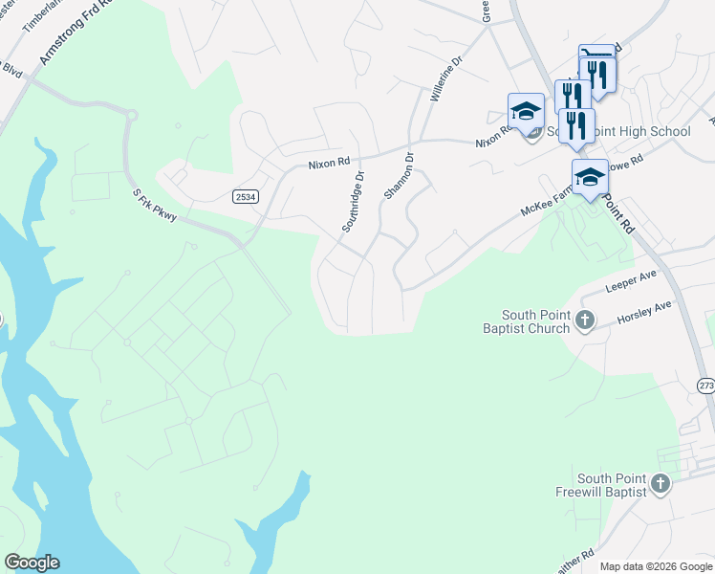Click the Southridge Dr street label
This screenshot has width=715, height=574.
point(354,202)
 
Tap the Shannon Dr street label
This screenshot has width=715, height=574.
point(398,176)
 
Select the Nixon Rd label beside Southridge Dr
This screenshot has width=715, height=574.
point(329,164)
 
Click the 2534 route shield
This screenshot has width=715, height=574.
point(244,196)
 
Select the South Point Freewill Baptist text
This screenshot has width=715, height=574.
point(612,485)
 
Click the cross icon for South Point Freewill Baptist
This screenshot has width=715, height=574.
point(661,485)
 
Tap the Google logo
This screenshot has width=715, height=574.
point(32,563)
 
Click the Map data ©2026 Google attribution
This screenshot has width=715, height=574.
point(656,566)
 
